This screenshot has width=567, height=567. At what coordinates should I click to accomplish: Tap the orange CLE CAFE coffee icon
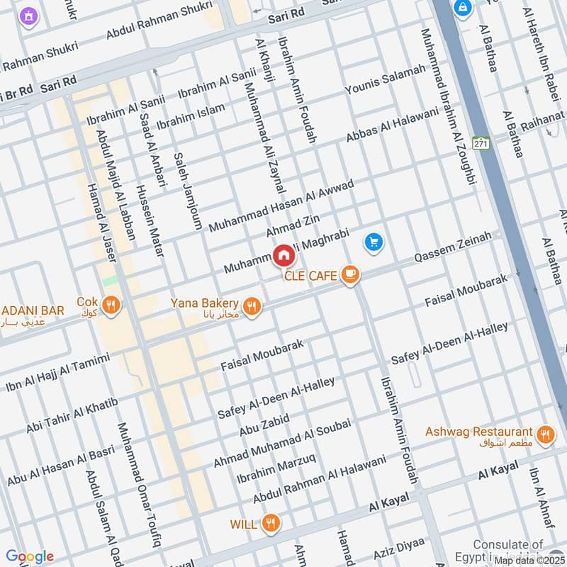[x=349, y=274]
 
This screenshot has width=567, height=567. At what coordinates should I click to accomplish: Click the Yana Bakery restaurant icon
[x=251, y=305]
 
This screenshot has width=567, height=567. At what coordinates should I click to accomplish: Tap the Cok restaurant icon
[x=111, y=305]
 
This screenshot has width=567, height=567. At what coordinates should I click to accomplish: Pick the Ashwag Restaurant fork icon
[x=545, y=434]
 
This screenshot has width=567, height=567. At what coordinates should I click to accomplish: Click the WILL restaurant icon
[x=270, y=524]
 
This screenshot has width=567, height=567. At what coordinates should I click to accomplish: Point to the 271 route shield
[x=482, y=142]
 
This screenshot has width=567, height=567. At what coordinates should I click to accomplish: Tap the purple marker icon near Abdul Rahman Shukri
[x=28, y=15]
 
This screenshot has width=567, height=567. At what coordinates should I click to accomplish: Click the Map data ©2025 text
[x=529, y=560]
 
